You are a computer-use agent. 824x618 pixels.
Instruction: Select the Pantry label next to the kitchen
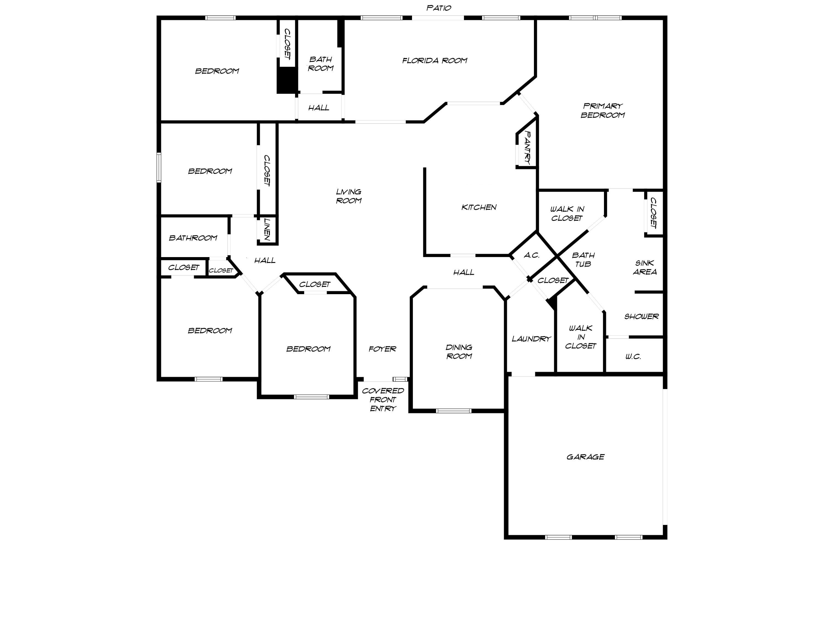pyautogui.click(x=527, y=148)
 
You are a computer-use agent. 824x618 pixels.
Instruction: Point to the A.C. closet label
pyautogui.click(x=531, y=255)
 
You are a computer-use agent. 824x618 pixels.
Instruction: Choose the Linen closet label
pyautogui.click(x=267, y=229)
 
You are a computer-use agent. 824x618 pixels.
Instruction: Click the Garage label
pyautogui.click(x=585, y=457)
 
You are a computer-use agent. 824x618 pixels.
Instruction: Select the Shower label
pyautogui.click(x=641, y=316)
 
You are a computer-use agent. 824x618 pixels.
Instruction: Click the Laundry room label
pyautogui.click(x=531, y=339)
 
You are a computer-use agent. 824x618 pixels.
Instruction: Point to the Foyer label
pyautogui.click(x=382, y=349)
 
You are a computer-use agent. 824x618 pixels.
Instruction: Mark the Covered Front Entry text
pyautogui.click(x=383, y=399)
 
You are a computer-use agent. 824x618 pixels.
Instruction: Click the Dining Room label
pyautogui.click(x=459, y=351)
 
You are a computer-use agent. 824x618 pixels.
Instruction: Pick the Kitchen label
pyautogui.click(x=479, y=207)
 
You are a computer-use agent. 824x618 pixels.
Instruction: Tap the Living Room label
pyautogui.click(x=349, y=196)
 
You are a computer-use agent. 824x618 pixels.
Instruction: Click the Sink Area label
pyautogui.click(x=644, y=268)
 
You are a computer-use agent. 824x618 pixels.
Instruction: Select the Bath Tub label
pyautogui.click(x=583, y=259)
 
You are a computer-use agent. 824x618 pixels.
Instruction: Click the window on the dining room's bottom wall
pyautogui.click(x=453, y=411)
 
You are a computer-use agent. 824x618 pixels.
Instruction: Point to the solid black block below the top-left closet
pyautogui.click(x=286, y=82)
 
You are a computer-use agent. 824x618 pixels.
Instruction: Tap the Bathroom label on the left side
pyautogui.click(x=193, y=238)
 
